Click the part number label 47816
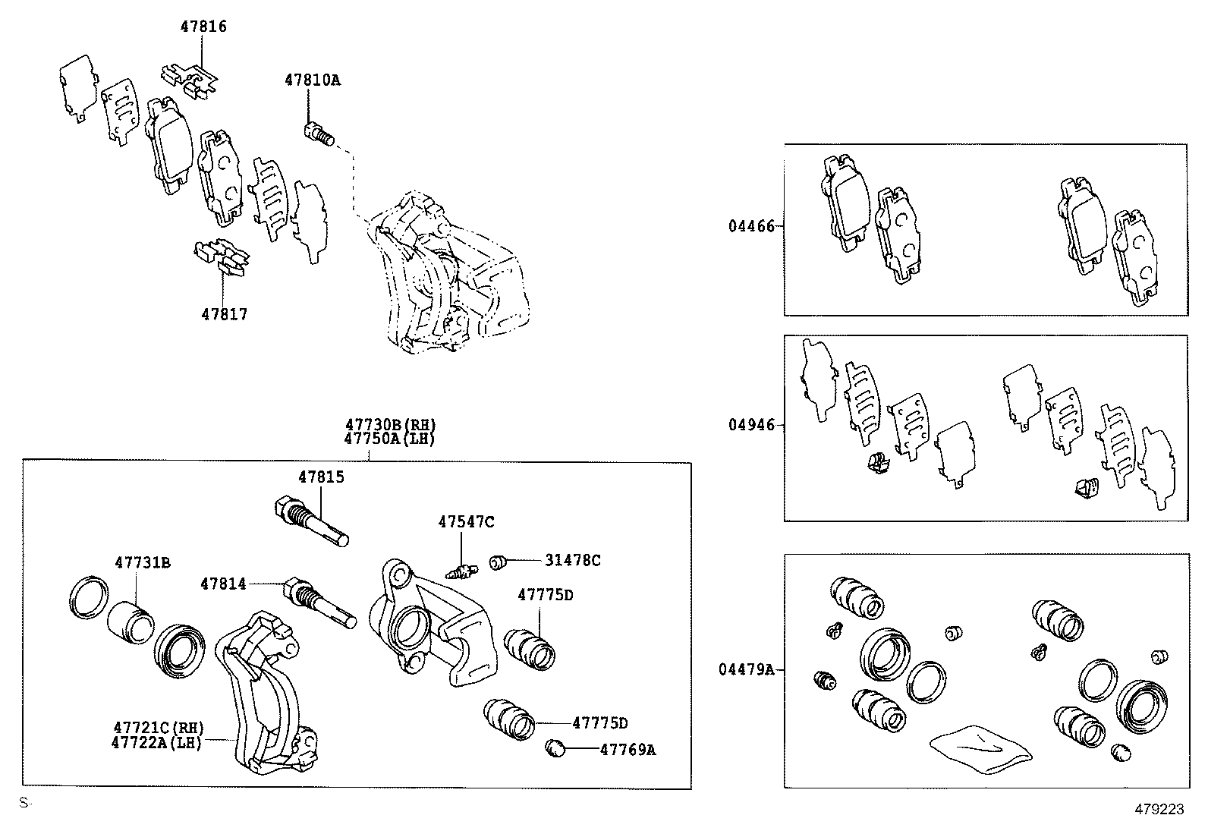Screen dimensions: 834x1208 (203, 27)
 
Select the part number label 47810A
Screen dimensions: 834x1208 (313, 79)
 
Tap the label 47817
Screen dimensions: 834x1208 (224, 314)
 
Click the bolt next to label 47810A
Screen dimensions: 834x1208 (319, 134)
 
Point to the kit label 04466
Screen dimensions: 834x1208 (751, 226)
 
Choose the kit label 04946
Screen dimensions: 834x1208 (751, 425)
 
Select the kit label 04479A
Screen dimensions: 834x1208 (747, 669)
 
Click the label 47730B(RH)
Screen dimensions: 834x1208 (391, 425)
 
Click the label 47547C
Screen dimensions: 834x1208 (466, 521)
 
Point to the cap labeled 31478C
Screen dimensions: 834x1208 (498, 562)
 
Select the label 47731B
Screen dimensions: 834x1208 (143, 562)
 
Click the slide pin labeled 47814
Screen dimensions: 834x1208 (319, 603)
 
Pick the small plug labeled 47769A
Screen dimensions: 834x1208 (555, 749)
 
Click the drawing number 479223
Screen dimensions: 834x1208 (1158, 809)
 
